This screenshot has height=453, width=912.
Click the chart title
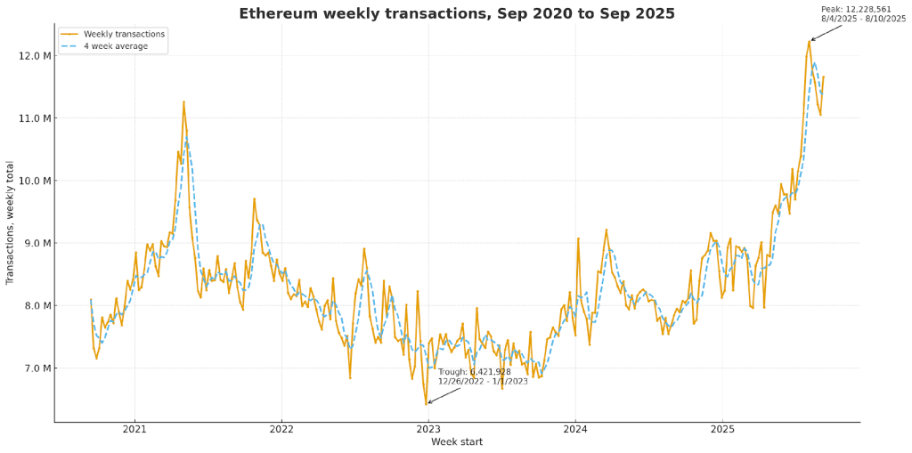click(456, 13)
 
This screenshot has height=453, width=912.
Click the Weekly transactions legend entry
click(124, 34)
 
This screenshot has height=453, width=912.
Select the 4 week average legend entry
click(116, 46)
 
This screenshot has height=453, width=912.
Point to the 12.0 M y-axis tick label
click(32, 56)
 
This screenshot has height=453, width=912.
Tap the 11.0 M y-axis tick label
click(32, 118)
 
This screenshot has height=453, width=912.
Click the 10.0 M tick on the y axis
click(32, 181)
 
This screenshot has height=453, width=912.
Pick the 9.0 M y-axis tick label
click(34, 243)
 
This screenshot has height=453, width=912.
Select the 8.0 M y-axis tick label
click(34, 305)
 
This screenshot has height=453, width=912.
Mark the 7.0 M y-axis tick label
click(34, 368)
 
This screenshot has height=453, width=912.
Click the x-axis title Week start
click(457, 441)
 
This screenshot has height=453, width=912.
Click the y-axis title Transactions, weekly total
click(11, 222)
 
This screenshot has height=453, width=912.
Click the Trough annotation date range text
click(482, 381)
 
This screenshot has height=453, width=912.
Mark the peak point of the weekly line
click(810, 41)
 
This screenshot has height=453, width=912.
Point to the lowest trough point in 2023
click(427, 404)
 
